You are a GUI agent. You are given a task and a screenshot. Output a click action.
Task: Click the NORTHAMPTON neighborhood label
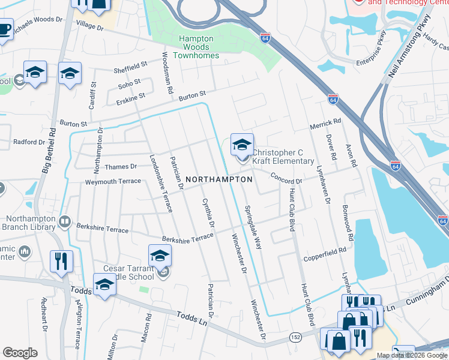218,179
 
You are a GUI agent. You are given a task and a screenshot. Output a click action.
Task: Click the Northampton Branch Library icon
64,223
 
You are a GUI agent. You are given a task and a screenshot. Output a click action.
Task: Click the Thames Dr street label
121,166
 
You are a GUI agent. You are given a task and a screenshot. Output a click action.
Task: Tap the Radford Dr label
29,142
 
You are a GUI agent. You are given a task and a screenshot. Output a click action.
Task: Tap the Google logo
20,353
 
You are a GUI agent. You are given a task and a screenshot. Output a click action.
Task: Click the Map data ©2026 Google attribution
412,355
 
